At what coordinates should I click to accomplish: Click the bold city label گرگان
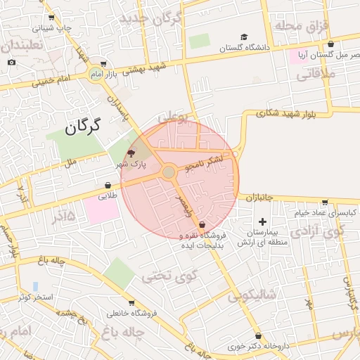tap(84, 127)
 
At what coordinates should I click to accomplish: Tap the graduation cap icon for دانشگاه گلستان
tap(244, 37)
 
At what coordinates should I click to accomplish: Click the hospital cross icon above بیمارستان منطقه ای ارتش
tap(262, 222)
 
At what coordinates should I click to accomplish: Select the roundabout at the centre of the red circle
tap(169, 172)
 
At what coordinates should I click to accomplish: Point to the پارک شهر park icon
tap(130, 153)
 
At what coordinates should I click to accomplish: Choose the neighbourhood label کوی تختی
tap(166, 276)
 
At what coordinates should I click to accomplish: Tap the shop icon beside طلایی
tap(108, 186)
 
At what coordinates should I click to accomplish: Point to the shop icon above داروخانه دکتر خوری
tap(259, 336)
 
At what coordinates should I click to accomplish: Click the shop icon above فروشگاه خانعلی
tap(131, 302)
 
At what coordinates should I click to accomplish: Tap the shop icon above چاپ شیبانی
tap(51, 18)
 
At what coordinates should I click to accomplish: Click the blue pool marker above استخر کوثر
tap(35, 286)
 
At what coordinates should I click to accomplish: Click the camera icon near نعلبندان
tap(12, 63)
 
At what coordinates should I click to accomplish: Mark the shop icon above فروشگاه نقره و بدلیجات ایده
tap(202, 224)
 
